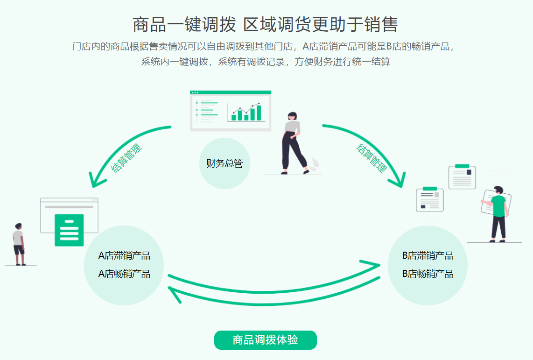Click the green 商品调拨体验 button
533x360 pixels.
[265, 340]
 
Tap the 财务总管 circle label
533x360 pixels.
[224, 163]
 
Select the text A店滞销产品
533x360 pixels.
[124, 256]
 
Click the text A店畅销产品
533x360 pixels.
[124, 274]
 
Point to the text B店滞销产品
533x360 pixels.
[428, 256]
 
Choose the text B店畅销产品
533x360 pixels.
[428, 274]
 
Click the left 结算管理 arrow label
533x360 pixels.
[126, 159]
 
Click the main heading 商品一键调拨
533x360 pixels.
[184, 24]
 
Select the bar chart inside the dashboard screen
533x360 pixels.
[246, 113]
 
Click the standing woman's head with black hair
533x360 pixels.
[293, 116]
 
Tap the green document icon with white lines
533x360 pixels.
[69, 230]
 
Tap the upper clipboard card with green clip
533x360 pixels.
[462, 176]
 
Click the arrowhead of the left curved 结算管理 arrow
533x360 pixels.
[96, 181]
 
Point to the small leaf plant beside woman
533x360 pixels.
[316, 163]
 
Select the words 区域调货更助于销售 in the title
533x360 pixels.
[321, 24]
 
